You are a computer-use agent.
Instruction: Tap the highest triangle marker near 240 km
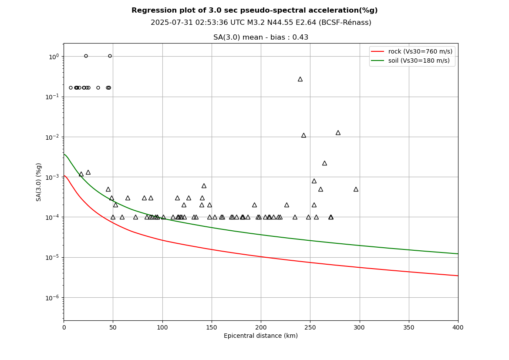(x=300, y=79)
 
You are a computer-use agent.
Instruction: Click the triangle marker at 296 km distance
(x=356, y=189)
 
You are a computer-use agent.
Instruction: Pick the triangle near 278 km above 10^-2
(x=338, y=133)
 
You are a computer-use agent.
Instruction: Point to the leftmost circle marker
(x=71, y=87)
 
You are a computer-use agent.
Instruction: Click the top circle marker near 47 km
(x=110, y=56)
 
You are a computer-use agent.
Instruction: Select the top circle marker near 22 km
(x=86, y=56)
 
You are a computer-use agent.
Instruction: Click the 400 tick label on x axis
(x=458, y=327)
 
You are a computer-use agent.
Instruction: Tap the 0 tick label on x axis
(x=64, y=327)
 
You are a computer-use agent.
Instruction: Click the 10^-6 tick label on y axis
(x=53, y=298)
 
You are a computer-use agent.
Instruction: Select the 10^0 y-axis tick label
(x=54, y=57)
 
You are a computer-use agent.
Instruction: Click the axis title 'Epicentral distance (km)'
(x=261, y=336)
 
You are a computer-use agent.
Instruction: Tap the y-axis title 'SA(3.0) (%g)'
(x=39, y=182)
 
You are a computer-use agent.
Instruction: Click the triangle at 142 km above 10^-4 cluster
(x=204, y=186)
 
